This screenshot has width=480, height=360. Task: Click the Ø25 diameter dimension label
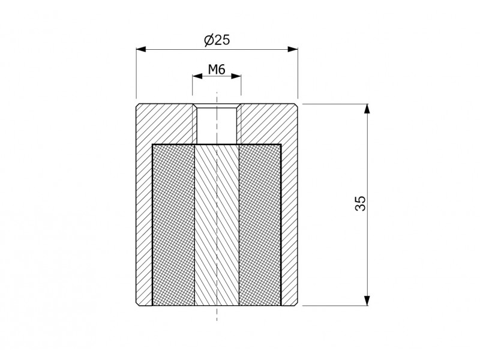pos(217,40)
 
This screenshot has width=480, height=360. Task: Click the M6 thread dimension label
pos(217,70)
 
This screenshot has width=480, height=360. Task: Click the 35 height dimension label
pos(361,203)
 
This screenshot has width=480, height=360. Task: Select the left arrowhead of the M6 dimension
pos(197,76)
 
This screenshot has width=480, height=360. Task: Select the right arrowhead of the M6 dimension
pos(236,76)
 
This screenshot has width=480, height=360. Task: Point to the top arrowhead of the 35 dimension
pos(368,109)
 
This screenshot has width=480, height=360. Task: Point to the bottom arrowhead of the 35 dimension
pos(368,301)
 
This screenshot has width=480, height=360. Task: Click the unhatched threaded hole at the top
pos(217,125)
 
